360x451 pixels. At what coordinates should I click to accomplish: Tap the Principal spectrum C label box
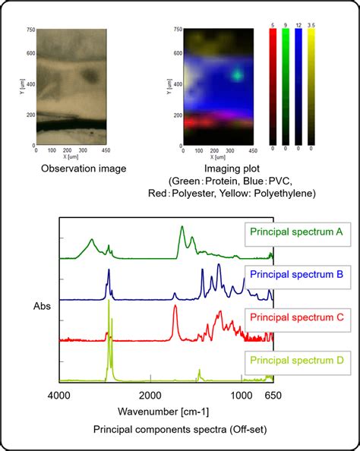tap(296, 317)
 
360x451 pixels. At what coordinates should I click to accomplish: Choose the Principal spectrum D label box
tap(296, 358)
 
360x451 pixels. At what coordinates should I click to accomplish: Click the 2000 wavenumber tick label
tap(150, 396)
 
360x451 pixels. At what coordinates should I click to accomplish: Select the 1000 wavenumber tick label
tap(242, 396)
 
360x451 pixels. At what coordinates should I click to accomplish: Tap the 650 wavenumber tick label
tap(273, 396)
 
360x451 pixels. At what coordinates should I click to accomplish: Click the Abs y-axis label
tap(43, 307)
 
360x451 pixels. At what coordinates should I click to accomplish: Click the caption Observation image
tap(84, 169)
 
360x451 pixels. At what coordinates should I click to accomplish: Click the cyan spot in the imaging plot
tap(238, 74)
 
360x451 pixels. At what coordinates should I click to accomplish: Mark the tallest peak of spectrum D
tap(109, 302)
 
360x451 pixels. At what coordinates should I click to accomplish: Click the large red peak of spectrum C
tap(175, 307)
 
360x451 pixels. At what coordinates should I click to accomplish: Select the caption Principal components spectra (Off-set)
tap(179, 430)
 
